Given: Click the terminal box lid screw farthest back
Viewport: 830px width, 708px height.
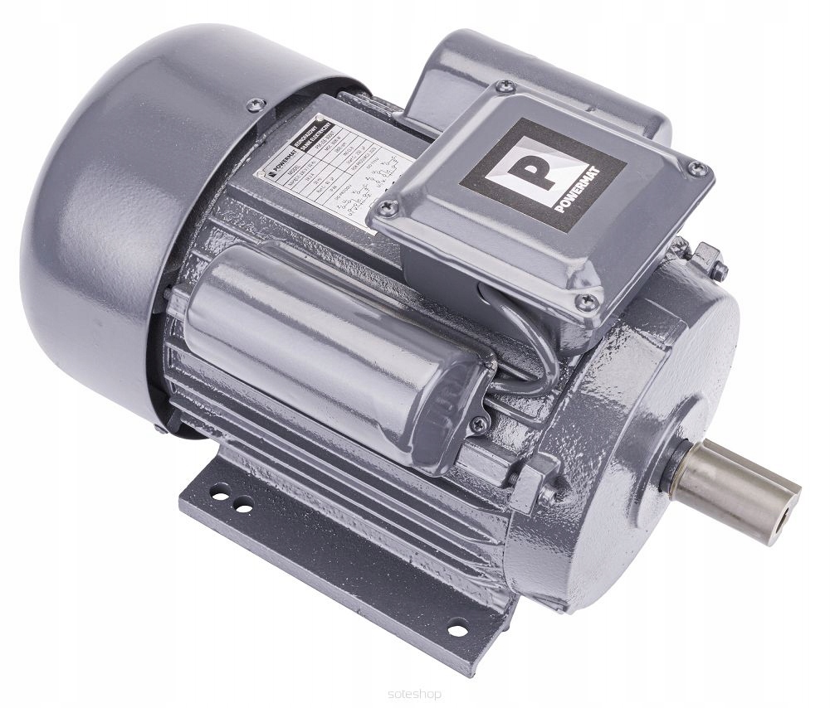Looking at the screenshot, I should click(x=500, y=85).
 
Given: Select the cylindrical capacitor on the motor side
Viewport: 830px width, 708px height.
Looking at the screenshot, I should click(x=332, y=347).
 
